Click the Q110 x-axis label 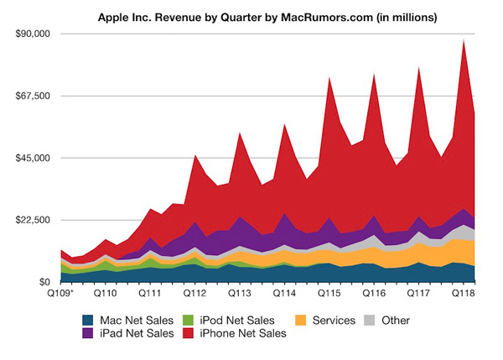(105, 295)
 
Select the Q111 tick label (150, 295)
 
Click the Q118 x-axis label (464, 295)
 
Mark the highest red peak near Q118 (464, 39)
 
